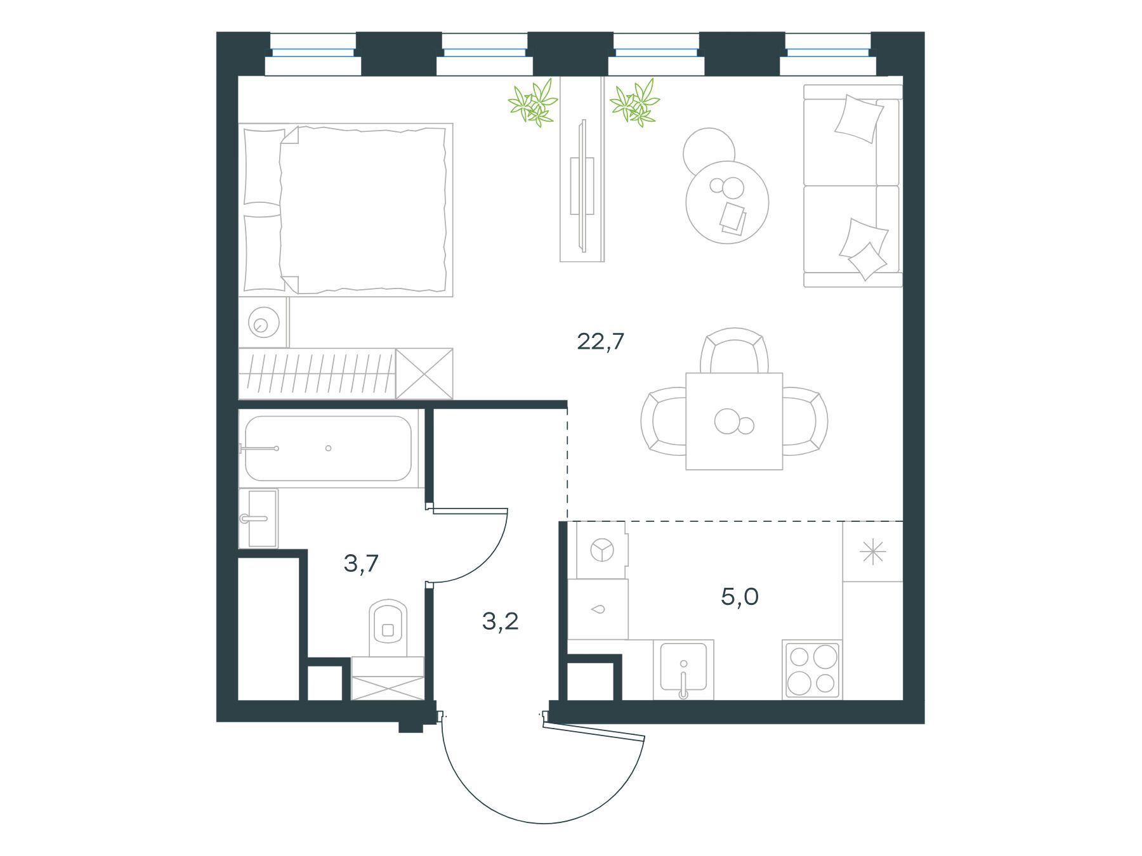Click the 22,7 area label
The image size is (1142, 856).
pos(600,342)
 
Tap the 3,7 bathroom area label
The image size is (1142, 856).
pos(361,562)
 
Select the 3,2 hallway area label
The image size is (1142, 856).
pos(501,621)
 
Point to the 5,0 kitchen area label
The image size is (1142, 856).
pos(740,597)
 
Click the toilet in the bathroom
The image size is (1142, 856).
pos(388,628)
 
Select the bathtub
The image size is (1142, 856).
pos(329,448)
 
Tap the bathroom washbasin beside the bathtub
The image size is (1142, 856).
pos(258,519)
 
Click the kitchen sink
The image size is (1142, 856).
pos(683,670)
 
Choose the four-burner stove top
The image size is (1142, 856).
pos(812,670)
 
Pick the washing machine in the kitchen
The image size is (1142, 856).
pos(598,550)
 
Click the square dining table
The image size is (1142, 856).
pos(734,422)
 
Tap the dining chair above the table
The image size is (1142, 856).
pos(735,351)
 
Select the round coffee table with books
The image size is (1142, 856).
pos(727,202)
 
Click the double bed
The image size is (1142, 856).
pos(346,210)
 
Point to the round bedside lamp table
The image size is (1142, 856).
pos(263,322)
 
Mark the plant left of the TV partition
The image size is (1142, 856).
pos(533,102)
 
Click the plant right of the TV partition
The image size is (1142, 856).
pos(634,101)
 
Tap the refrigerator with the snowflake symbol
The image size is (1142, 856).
pos(872,551)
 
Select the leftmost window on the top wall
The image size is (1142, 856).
pos(313,54)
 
